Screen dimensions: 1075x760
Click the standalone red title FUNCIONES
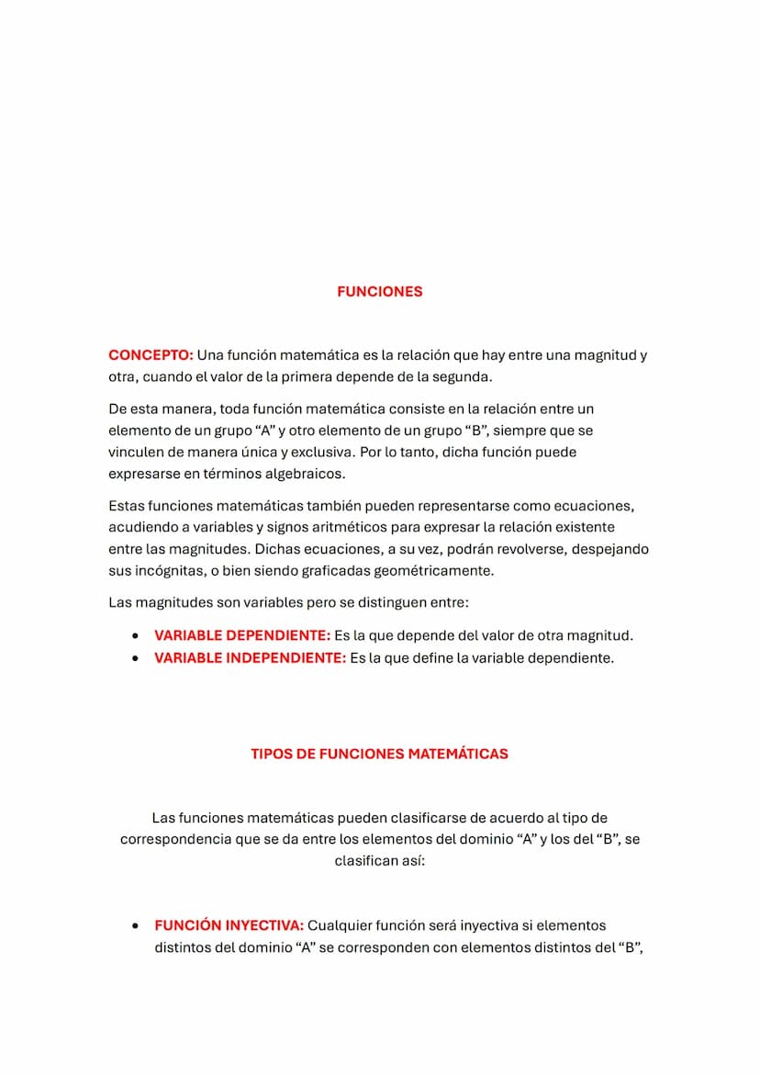click(x=379, y=292)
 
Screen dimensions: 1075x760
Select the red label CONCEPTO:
click(x=151, y=355)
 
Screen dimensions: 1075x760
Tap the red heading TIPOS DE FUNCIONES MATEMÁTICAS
click(x=379, y=754)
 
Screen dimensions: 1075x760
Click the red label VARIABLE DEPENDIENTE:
click(x=242, y=635)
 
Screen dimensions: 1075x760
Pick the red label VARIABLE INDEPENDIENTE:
click(x=250, y=658)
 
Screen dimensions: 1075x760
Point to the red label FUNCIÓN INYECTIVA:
click(x=229, y=925)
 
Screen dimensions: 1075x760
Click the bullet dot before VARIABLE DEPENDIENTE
click(x=136, y=635)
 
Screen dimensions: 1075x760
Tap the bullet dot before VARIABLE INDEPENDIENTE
click(x=136, y=658)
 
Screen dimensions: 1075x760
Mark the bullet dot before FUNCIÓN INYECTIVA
click(x=136, y=925)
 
